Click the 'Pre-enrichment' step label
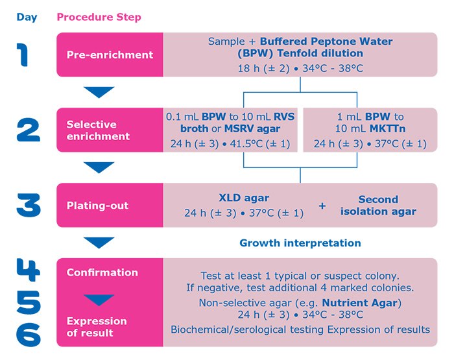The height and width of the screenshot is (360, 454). (x=110, y=54)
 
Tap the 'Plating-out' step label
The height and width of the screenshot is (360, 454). (x=97, y=206)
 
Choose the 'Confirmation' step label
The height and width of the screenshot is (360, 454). (x=102, y=272)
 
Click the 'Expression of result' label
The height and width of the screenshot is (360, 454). (x=97, y=327)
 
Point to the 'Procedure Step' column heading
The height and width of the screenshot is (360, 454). (x=99, y=17)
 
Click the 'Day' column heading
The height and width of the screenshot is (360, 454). (x=27, y=17)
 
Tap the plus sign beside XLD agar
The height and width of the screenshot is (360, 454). (x=323, y=206)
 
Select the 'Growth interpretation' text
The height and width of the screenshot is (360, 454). (x=300, y=243)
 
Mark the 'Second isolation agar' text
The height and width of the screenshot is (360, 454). (x=378, y=205)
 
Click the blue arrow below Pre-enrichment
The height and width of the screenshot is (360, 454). (x=100, y=92)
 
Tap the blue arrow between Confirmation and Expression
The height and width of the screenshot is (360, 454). (x=100, y=300)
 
